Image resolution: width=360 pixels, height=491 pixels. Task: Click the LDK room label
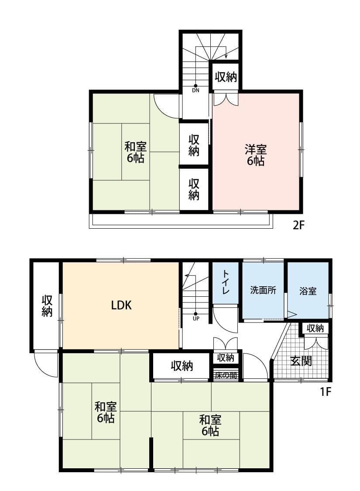121,305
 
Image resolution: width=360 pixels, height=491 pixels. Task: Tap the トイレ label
226,282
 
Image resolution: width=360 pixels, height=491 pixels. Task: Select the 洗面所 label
263,290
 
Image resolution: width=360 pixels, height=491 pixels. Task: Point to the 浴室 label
308,291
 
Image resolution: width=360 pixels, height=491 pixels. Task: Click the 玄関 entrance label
301,361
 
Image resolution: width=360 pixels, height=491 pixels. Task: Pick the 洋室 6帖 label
256,155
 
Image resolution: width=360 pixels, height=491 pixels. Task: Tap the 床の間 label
226,375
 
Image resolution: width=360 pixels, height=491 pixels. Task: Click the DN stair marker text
195,90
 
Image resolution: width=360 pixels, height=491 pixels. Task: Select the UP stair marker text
196,319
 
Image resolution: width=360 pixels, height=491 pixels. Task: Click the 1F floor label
326,391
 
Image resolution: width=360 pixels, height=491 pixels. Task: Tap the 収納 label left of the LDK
47,306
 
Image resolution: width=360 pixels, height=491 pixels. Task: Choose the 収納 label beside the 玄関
315,328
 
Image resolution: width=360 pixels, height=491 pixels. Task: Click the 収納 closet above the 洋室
226,77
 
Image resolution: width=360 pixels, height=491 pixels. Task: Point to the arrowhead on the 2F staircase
226,56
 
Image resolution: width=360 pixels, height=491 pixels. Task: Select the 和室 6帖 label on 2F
136,152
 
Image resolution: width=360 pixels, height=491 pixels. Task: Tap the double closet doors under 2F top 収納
226,99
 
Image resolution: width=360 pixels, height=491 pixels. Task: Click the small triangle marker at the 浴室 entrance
291,314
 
